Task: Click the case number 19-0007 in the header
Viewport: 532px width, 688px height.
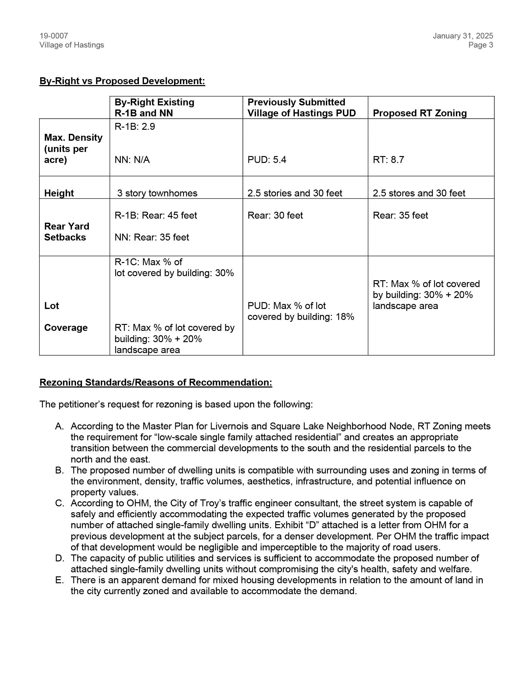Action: [x=54, y=36]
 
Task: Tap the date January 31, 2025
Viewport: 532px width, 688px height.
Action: [x=463, y=36]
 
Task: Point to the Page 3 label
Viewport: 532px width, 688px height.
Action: [x=480, y=45]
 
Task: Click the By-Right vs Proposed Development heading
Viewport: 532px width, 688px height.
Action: [x=122, y=81]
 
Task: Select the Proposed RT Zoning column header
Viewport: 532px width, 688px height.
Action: [x=419, y=113]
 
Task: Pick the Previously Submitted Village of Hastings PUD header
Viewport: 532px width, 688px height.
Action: [x=301, y=107]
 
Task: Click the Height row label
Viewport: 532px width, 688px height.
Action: [x=59, y=193]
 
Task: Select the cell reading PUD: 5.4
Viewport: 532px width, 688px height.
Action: [x=267, y=160]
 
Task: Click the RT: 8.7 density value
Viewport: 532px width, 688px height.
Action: [x=388, y=160]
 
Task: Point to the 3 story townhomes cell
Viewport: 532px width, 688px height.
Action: [x=157, y=193]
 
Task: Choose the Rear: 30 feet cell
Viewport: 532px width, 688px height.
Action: [x=275, y=215]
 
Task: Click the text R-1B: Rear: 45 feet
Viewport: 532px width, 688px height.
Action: [x=156, y=215]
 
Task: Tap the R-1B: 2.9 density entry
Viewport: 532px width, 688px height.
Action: [x=135, y=127]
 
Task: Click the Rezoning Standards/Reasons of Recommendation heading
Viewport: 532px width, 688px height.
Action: [x=156, y=382]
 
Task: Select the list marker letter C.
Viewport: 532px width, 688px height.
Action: [x=59, y=503]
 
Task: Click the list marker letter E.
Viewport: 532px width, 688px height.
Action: [x=59, y=580]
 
